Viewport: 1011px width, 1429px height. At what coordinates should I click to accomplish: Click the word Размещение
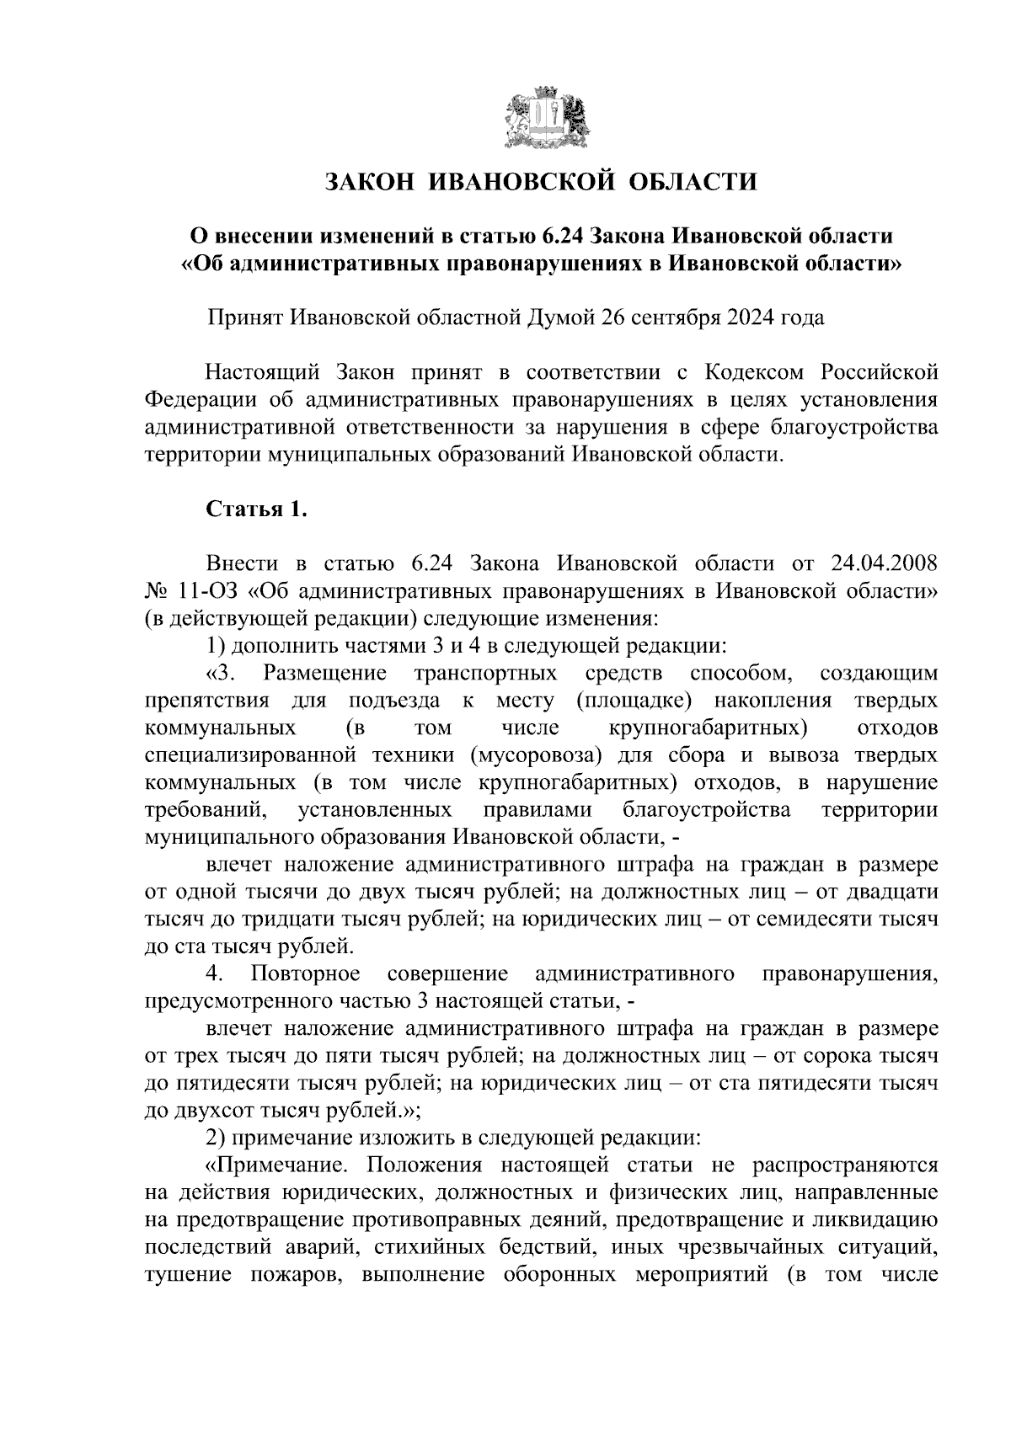(x=324, y=674)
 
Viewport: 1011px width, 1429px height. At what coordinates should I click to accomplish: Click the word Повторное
(x=305, y=974)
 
